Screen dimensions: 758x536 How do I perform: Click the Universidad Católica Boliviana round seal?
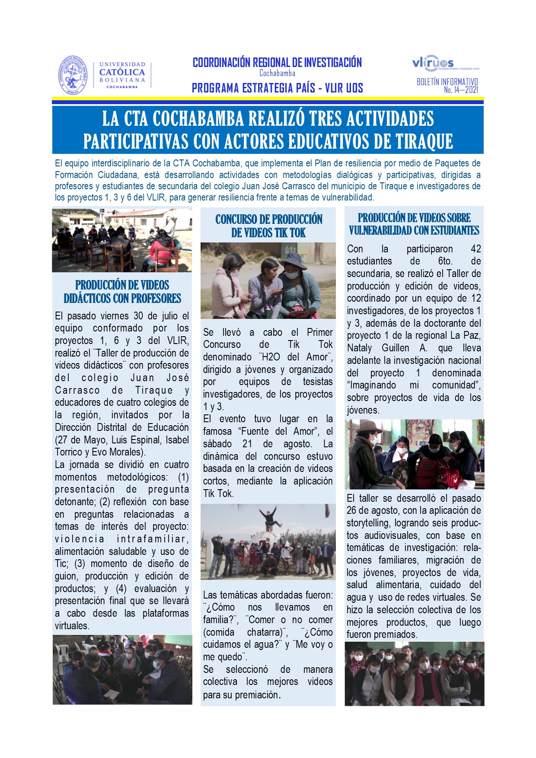(73, 76)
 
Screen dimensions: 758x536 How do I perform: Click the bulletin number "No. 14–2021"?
(461, 90)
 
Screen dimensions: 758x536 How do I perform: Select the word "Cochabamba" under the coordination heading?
(277, 73)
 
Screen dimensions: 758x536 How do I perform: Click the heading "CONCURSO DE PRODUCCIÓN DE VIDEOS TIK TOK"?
(268, 226)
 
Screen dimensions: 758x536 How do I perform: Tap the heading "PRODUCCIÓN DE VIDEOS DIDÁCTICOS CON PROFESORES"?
(122, 292)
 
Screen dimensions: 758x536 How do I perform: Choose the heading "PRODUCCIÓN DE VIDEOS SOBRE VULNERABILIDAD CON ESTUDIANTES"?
(414, 224)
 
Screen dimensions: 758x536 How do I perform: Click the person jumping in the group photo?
(268, 517)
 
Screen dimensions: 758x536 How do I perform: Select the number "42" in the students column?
(475, 249)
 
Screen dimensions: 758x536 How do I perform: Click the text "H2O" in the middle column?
(271, 357)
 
